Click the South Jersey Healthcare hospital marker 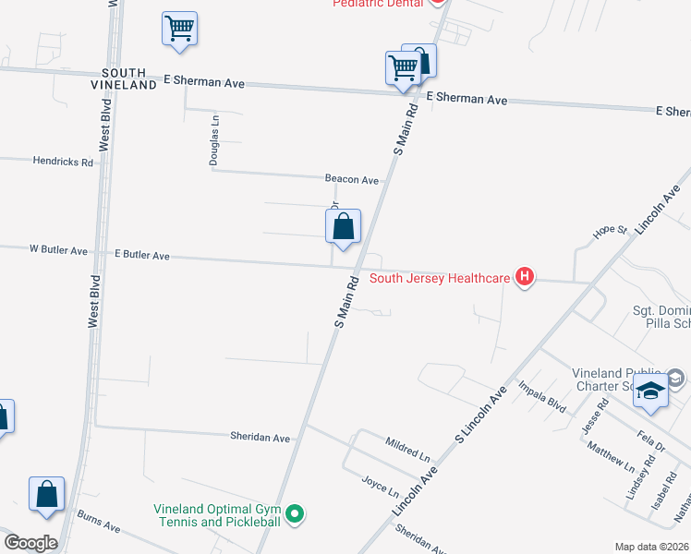click(525, 276)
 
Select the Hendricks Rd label click(63, 162)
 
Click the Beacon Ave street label click(352, 179)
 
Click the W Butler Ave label click(58, 250)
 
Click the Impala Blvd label click(541, 395)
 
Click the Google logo click(30, 543)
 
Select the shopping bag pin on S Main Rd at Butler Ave click(343, 227)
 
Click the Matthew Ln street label click(612, 456)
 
